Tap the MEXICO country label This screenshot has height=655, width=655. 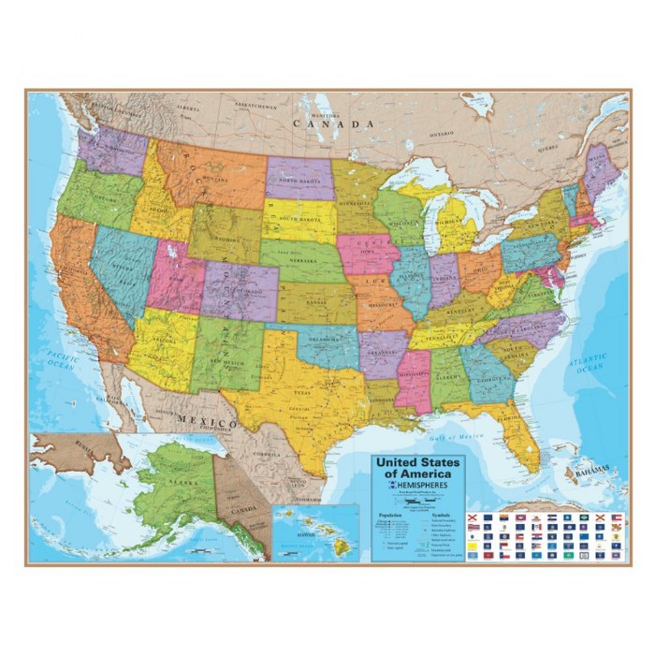coord(207,421)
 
